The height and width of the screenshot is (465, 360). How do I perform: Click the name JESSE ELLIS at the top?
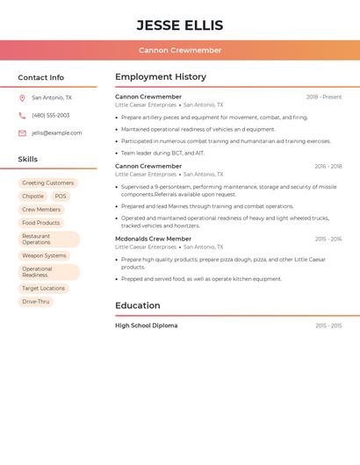pyautogui.click(x=180, y=25)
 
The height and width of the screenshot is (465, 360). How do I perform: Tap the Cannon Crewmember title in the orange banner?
pyautogui.click(x=180, y=50)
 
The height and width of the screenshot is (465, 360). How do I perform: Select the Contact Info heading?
pyautogui.click(x=41, y=77)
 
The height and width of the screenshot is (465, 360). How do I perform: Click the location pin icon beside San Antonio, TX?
pyautogui.click(x=22, y=98)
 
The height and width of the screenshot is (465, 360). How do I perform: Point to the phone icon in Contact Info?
pyautogui.click(x=22, y=116)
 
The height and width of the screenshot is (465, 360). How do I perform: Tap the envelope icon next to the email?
pyautogui.click(x=22, y=133)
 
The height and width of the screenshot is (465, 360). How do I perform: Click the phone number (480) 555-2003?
pyautogui.click(x=51, y=116)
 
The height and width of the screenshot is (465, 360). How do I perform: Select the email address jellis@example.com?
pyautogui.click(x=57, y=133)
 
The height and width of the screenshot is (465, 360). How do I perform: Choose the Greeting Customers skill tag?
pyautogui.click(x=47, y=183)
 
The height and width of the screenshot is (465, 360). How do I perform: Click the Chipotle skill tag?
pyautogui.click(x=32, y=197)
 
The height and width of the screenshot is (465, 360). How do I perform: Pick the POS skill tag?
pyautogui.click(x=61, y=197)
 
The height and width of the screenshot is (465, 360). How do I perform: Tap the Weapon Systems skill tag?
pyautogui.click(x=44, y=255)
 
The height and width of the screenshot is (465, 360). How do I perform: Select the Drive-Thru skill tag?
pyautogui.click(x=36, y=302)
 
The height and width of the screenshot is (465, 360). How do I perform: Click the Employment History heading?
pyautogui.click(x=161, y=77)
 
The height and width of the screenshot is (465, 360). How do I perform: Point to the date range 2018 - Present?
pyautogui.click(x=324, y=97)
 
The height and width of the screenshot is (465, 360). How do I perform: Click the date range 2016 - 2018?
pyautogui.click(x=328, y=166)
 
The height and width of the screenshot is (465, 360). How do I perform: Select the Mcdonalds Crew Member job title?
pyautogui.click(x=153, y=239)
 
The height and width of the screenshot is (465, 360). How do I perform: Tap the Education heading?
pyautogui.click(x=138, y=305)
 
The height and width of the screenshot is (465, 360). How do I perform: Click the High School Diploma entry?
pyautogui.click(x=146, y=325)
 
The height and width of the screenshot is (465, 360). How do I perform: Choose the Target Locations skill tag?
pyautogui.click(x=43, y=289)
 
